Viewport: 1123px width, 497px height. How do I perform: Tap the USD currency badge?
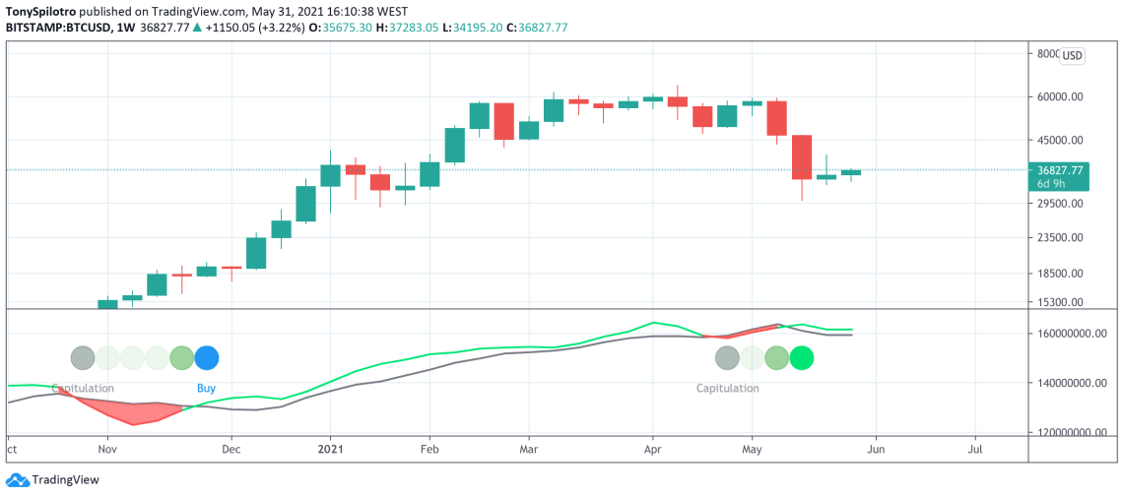click(1072, 56)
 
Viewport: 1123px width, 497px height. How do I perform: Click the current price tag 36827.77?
click(1060, 170)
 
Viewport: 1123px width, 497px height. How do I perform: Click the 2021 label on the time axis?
click(330, 449)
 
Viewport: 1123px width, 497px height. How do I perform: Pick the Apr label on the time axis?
click(651, 449)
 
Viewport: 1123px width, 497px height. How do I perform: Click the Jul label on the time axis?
click(975, 449)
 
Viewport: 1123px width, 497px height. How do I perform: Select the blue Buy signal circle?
click(207, 357)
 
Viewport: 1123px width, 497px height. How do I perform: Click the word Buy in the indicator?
click(206, 388)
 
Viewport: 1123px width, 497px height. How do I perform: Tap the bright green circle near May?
click(802, 357)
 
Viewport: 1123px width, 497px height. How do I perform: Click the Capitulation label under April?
click(727, 388)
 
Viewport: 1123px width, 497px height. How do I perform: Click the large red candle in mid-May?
click(801, 157)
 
